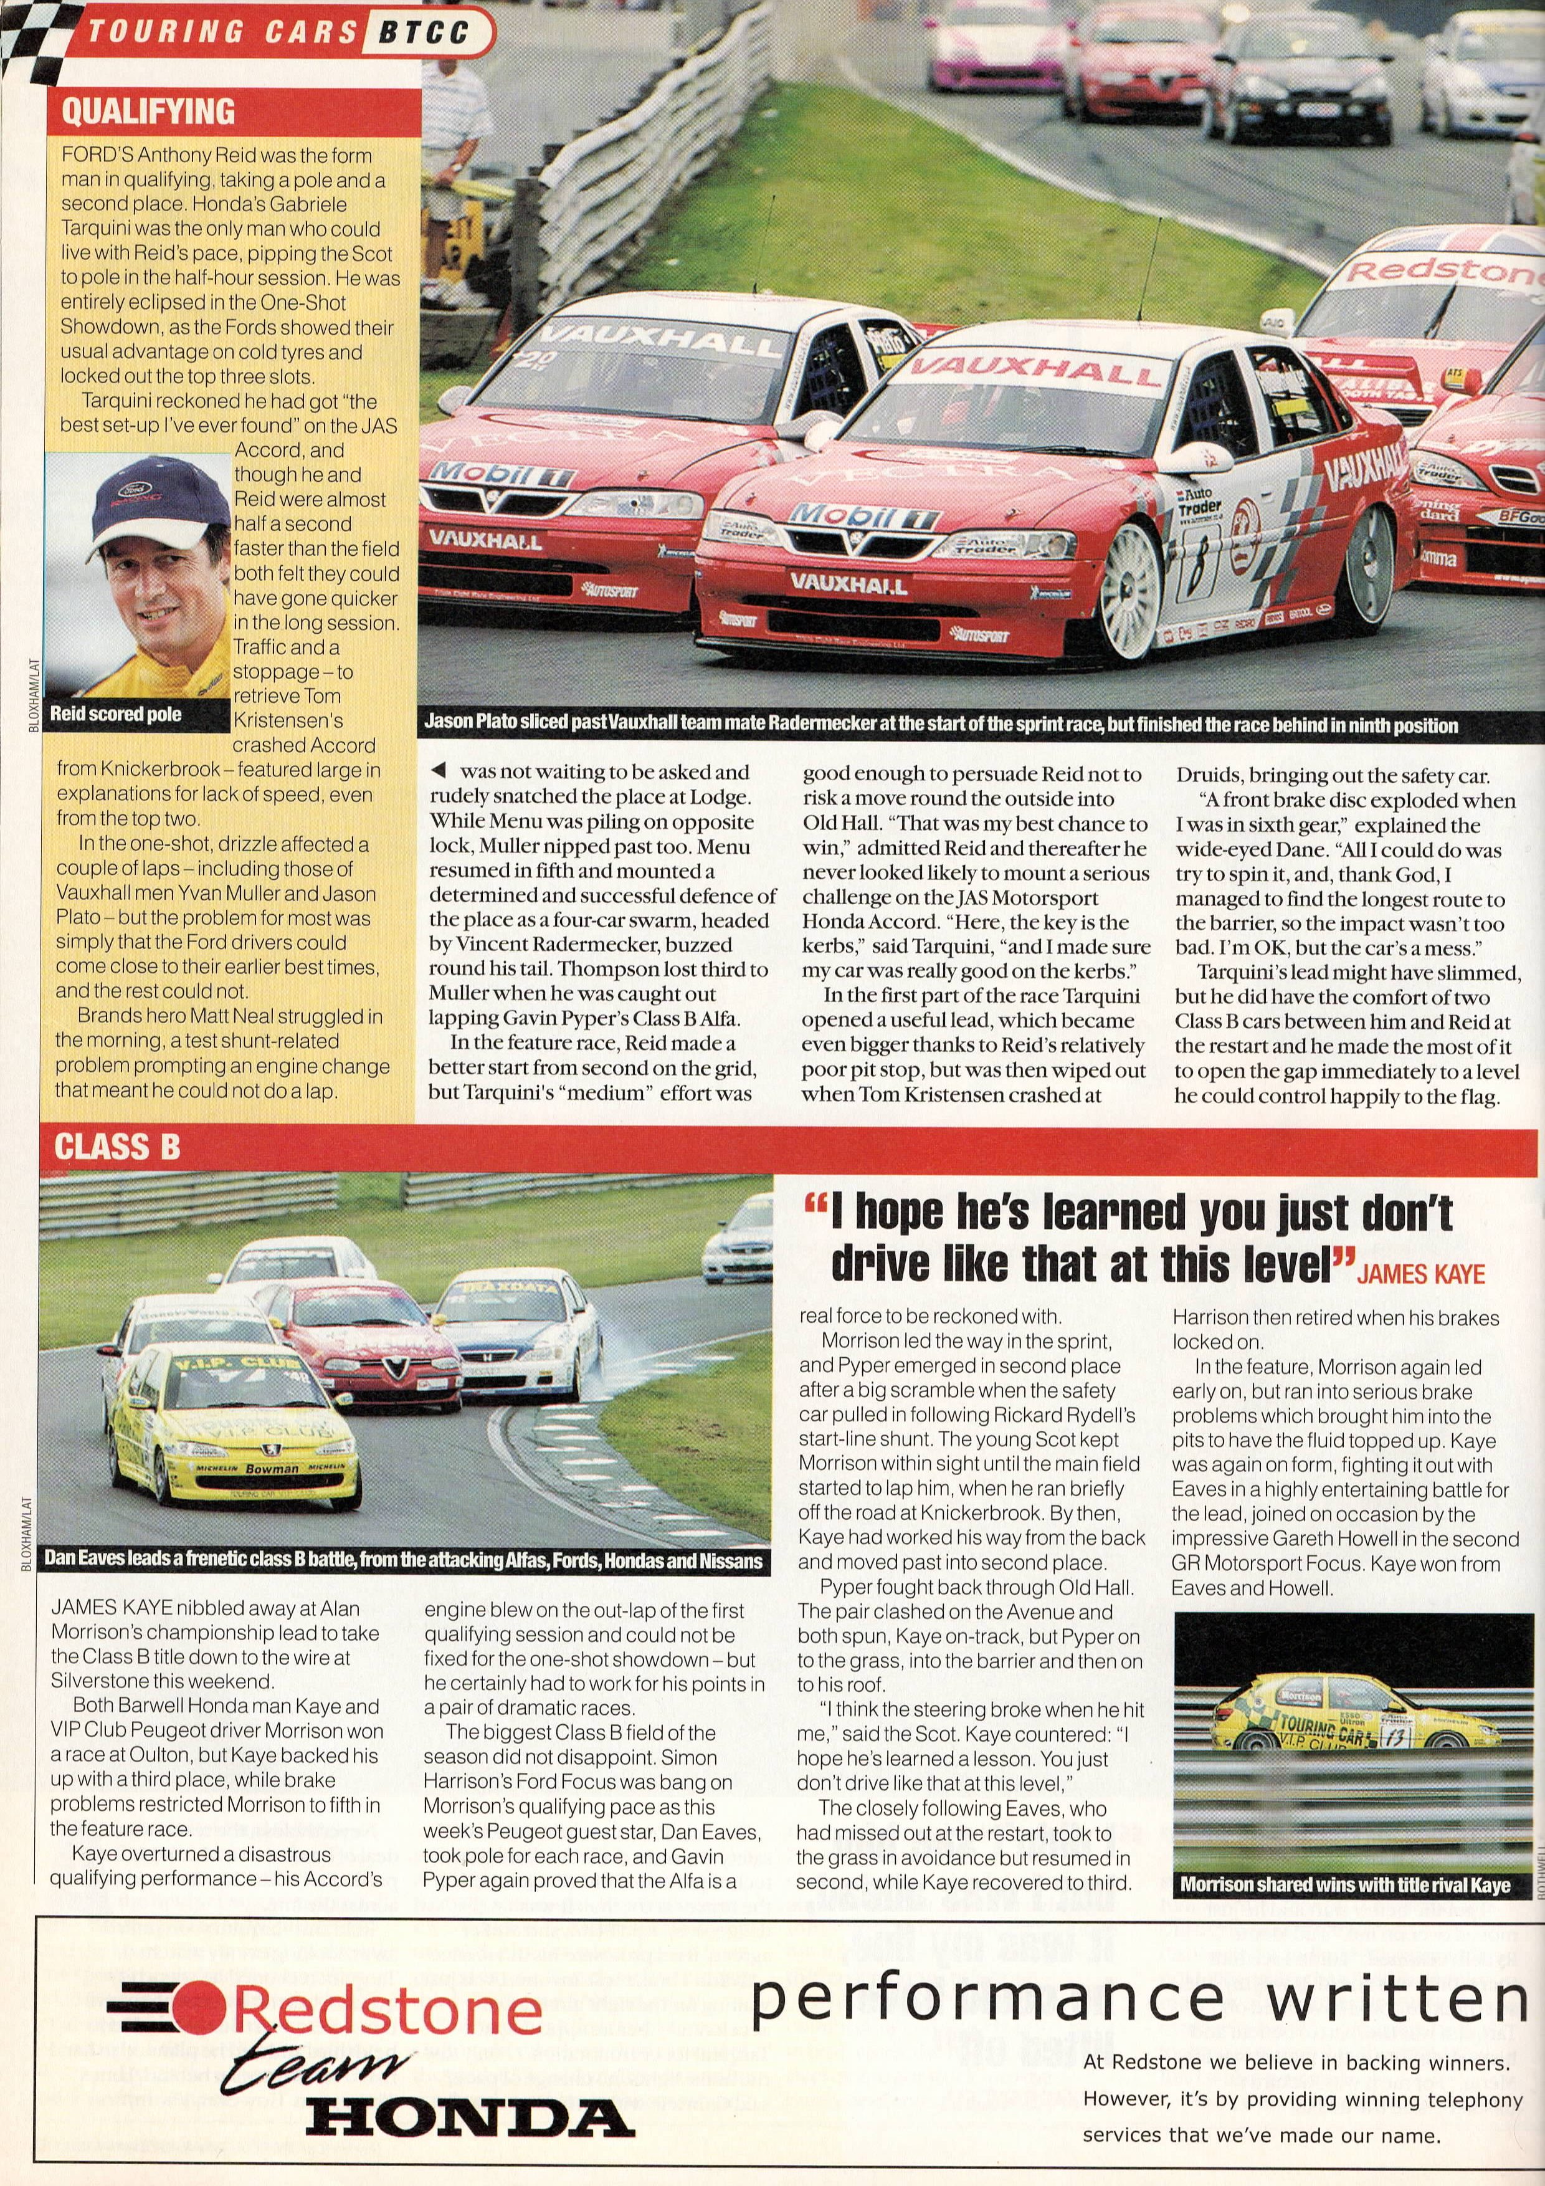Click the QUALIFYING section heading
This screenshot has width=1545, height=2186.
148,112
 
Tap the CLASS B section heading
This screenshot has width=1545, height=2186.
117,1147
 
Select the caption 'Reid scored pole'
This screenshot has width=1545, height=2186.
115,714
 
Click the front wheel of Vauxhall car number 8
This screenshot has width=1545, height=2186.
1130,590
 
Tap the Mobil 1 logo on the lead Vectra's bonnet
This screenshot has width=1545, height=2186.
863,516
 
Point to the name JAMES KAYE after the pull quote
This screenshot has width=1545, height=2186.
1420,1274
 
